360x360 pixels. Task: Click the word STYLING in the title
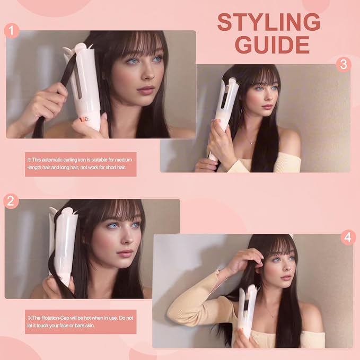click(x=269, y=22)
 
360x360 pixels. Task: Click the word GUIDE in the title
click(x=273, y=45)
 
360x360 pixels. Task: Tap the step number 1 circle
click(x=12, y=30)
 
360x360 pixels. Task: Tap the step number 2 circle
click(x=11, y=201)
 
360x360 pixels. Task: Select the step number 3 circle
click(x=344, y=64)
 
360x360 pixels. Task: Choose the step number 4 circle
click(x=348, y=238)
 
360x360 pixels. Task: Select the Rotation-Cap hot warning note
click(x=81, y=322)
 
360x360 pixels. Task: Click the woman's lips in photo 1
click(x=145, y=90)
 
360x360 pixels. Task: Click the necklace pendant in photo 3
click(x=252, y=143)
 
